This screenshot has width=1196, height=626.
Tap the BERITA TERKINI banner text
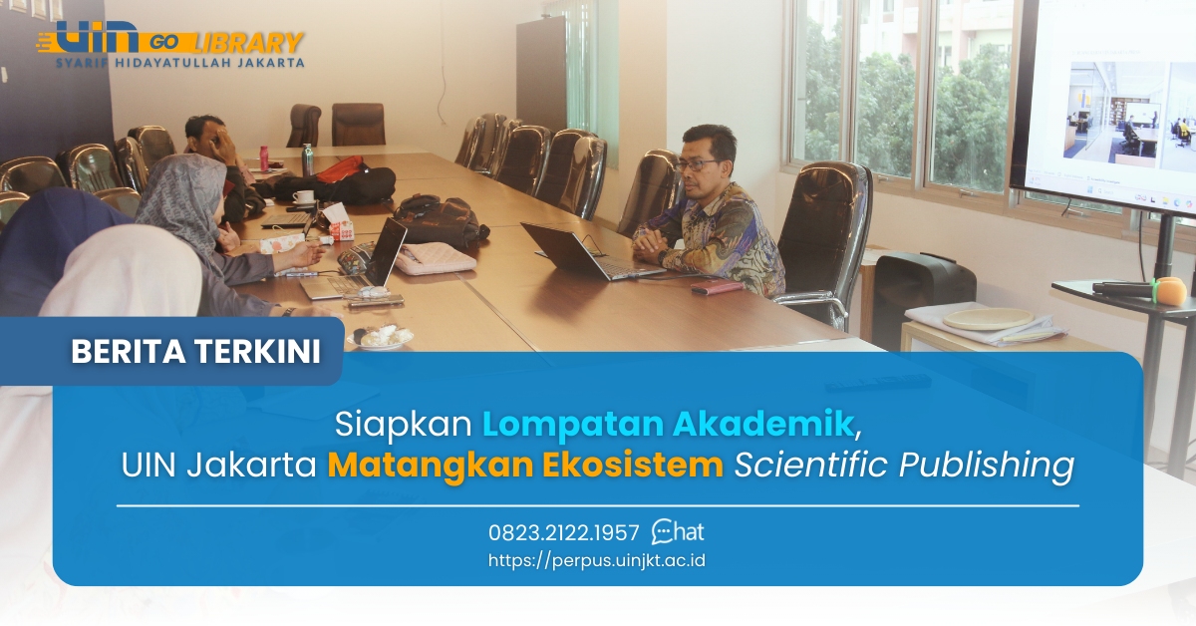pos(196,352)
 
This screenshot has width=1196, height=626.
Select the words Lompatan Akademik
pos(668,425)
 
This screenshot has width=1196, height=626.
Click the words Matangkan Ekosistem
pos(525,466)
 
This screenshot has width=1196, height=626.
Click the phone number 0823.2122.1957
pos(564,532)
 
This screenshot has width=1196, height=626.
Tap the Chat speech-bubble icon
pos(664,531)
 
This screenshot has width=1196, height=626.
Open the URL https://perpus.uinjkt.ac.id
pos(597,560)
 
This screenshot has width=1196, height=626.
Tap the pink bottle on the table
pos(264,157)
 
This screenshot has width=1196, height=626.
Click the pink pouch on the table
pos(436,258)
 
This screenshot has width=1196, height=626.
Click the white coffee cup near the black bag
pos(303,197)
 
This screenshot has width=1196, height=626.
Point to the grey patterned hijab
pos(184,199)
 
